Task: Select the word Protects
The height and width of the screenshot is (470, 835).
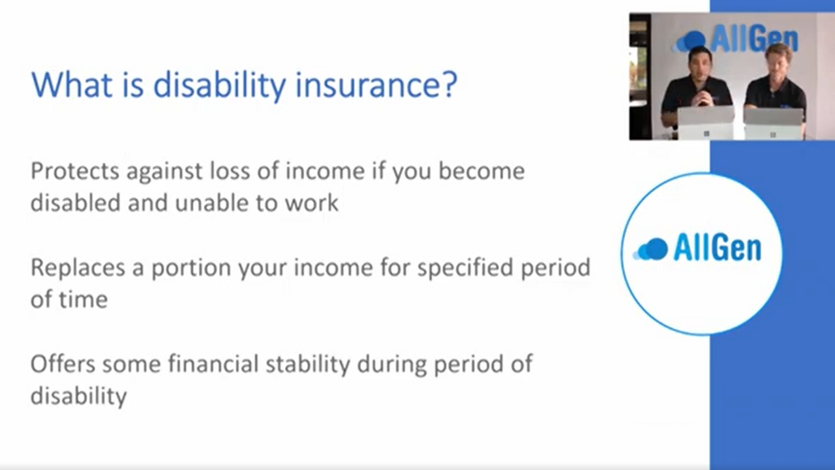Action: coord(75,171)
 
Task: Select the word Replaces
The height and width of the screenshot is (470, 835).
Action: coord(78,268)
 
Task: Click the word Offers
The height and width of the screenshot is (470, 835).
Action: coord(63,364)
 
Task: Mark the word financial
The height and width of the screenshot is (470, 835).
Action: coord(213,364)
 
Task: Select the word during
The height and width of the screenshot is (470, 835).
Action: coord(392,366)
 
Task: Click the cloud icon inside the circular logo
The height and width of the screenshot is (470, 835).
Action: coord(650,249)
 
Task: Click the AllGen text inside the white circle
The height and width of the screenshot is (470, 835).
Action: coord(717,247)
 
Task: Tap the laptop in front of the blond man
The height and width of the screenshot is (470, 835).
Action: coord(774,124)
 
